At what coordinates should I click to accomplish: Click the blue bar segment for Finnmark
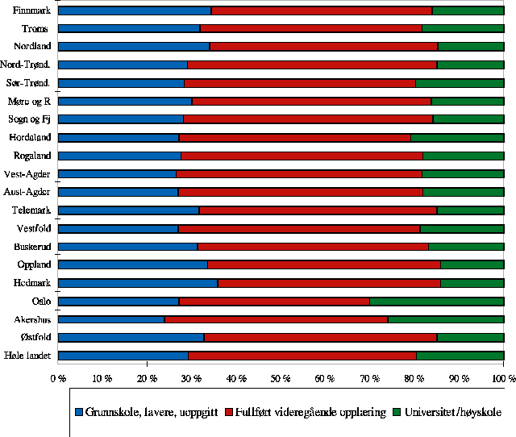[135, 10]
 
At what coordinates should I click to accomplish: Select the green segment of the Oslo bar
[436, 302]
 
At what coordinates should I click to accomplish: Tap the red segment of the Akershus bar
[276, 319]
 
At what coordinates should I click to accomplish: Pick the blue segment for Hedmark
[138, 283]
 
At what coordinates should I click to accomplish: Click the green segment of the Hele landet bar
[460, 356]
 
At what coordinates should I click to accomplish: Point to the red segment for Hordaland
[294, 138]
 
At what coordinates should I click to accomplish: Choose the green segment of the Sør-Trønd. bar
[460, 83]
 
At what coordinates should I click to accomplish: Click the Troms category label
[35, 29]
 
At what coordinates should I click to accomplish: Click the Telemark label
[31, 210]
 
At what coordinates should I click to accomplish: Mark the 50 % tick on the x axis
[280, 377]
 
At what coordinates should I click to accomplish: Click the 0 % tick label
[57, 377]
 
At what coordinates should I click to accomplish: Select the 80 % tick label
[414, 377]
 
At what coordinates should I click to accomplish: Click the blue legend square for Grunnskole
[79, 412]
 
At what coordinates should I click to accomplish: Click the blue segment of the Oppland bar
[133, 264]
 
